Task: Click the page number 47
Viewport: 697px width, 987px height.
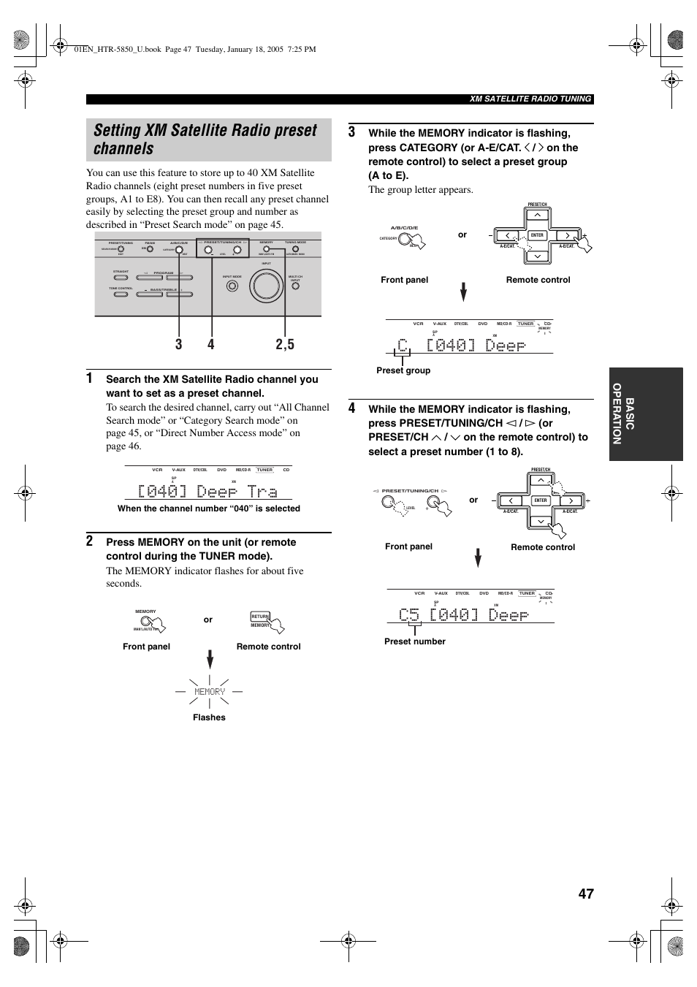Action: point(585,893)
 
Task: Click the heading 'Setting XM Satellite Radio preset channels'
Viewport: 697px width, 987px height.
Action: point(205,140)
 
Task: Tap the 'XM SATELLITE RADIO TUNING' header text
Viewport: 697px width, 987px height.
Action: point(530,99)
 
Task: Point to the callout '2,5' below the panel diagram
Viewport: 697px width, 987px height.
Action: point(285,344)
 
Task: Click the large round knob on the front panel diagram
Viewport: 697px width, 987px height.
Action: point(264,285)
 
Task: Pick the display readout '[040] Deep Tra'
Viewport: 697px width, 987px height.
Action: point(207,491)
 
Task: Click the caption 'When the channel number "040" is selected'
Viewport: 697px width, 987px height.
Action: point(208,508)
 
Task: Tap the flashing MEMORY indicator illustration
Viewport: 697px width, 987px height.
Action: point(210,691)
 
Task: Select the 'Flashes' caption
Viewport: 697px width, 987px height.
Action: point(209,717)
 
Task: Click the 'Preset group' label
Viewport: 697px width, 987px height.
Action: point(403,370)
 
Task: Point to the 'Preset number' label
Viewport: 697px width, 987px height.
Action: point(414,641)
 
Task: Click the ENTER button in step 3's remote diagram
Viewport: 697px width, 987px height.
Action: point(537,235)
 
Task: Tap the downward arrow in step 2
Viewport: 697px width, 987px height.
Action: point(210,659)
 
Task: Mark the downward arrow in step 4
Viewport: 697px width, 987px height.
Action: point(478,558)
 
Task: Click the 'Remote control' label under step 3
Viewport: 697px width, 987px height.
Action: point(538,280)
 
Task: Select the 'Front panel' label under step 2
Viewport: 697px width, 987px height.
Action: point(146,647)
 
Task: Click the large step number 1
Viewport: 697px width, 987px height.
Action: point(90,378)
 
